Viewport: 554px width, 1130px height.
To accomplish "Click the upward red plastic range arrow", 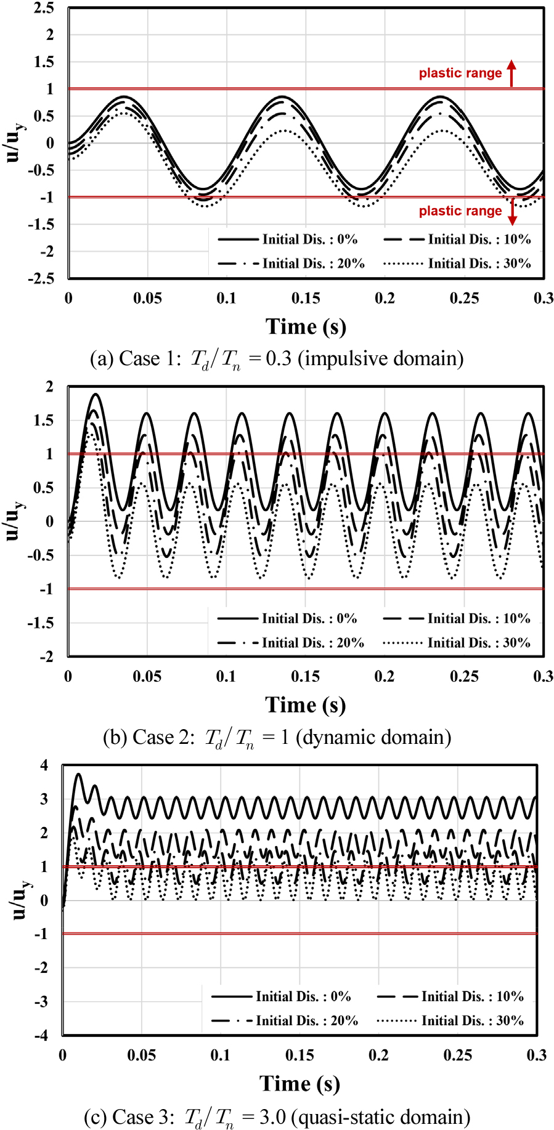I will [x=511, y=73].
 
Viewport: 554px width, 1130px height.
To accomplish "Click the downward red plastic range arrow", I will [x=511, y=211].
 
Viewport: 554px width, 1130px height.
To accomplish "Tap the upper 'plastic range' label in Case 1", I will [x=460, y=73].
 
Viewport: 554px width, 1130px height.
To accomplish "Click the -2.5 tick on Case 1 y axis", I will [x=41, y=278].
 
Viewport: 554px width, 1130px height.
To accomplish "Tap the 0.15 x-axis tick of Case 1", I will [x=306, y=299].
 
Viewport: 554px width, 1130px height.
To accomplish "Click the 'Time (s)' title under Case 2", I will [x=306, y=705].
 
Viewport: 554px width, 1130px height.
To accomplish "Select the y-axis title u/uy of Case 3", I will [x=20, y=900].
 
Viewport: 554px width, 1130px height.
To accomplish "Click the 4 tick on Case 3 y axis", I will [x=44, y=765].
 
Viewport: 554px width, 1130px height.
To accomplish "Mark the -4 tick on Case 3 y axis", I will [x=41, y=1035].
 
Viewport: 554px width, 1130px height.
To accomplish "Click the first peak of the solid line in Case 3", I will [x=78, y=774].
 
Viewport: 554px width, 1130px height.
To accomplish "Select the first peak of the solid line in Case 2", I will [x=96, y=394].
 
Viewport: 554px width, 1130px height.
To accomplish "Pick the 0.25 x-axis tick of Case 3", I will [x=458, y=1055].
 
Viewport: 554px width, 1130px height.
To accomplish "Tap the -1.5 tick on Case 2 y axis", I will [x=41, y=623].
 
